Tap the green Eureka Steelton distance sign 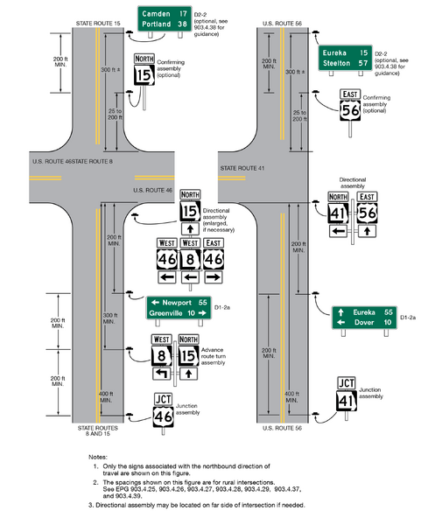[x=343, y=59]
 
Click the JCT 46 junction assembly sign [x=163, y=411]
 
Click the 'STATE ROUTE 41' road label [x=242, y=166]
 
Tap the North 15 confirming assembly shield [x=144, y=73]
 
